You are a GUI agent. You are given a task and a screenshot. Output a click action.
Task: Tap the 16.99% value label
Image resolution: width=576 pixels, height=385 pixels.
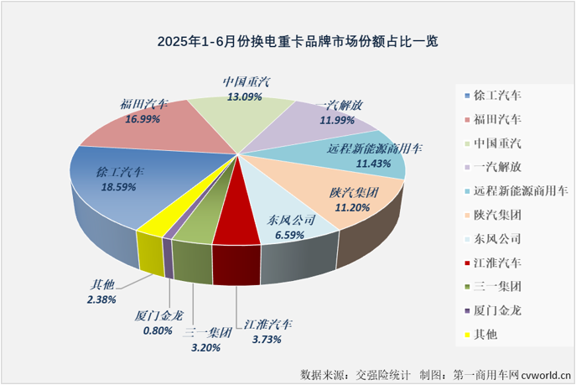click(x=143, y=120)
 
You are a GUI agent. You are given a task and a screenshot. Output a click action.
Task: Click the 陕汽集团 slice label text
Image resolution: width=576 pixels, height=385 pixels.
click(x=354, y=193)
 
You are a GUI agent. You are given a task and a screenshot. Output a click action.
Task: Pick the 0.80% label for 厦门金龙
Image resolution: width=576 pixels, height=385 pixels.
click(x=152, y=330)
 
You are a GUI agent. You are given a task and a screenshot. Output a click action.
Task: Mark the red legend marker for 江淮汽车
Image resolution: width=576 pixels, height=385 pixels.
click(x=465, y=263)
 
